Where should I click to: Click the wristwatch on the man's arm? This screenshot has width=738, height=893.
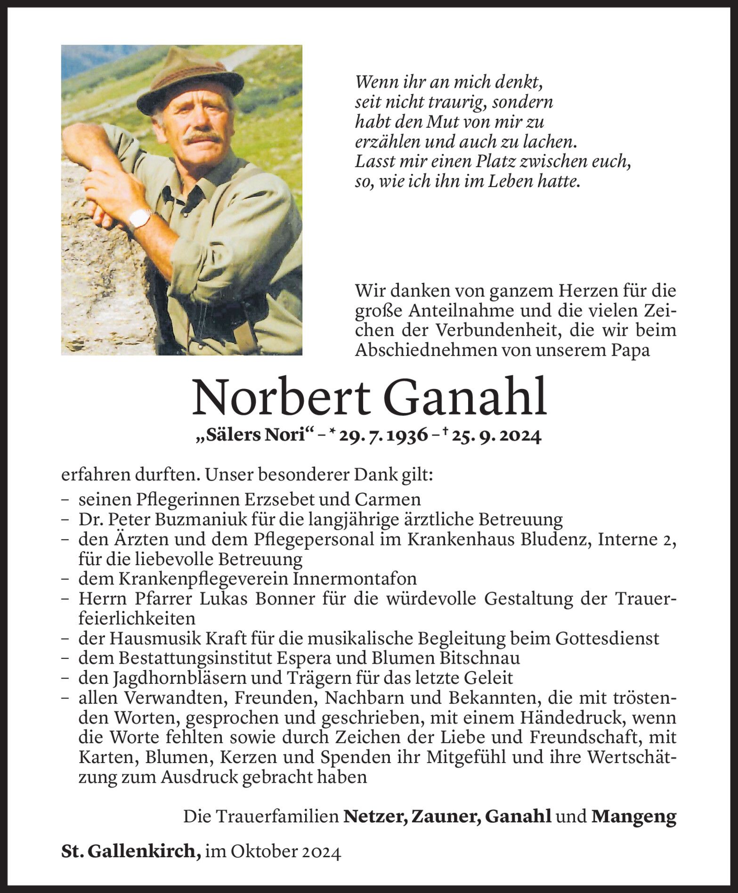point(140,217)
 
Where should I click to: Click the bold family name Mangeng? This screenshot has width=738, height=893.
point(633,816)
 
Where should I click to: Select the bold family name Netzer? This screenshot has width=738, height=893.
point(375,816)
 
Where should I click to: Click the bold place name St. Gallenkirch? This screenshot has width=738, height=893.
point(128,851)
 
